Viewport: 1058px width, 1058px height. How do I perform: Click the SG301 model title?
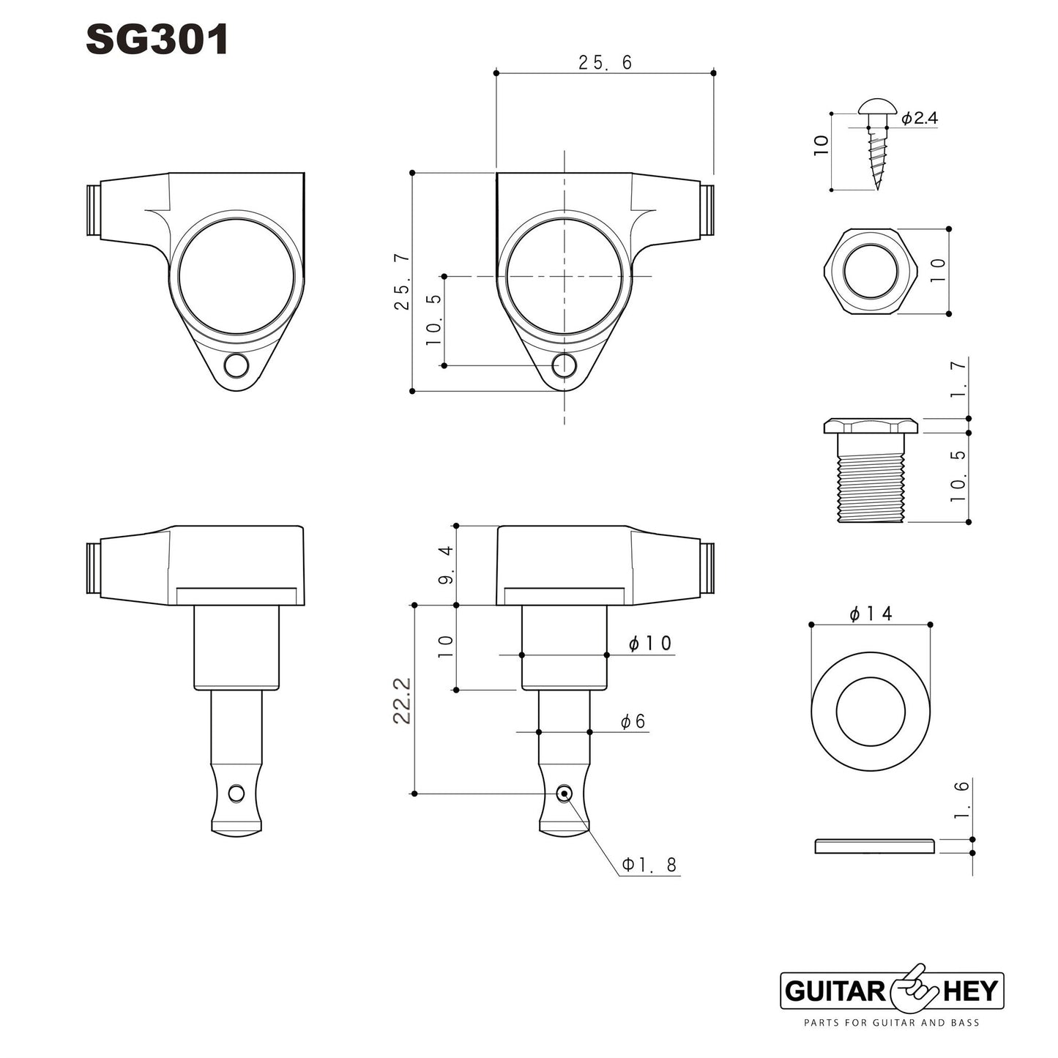157,40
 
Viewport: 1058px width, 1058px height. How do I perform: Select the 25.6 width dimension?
605,62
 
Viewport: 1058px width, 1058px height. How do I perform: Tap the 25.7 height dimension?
403,282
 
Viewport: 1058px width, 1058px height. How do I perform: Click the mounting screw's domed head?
877,107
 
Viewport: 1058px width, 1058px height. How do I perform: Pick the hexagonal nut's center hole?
871,271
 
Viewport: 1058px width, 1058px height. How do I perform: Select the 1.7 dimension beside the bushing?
958,379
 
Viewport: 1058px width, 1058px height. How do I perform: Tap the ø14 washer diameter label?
871,614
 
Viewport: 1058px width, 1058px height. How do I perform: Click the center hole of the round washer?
871,712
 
